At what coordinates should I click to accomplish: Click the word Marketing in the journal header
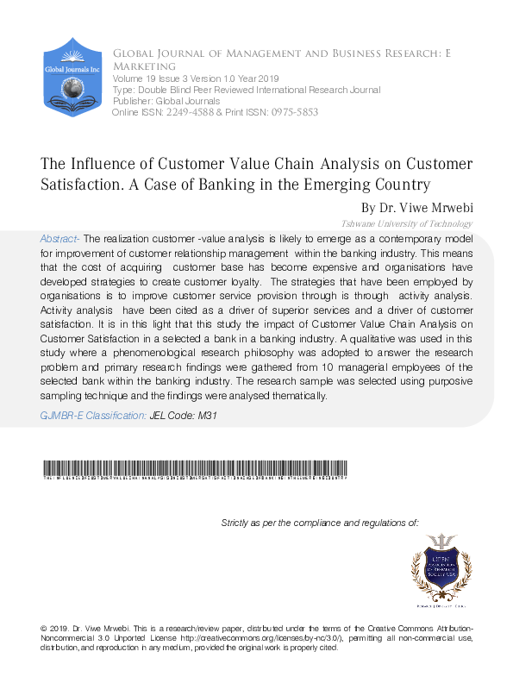(x=144, y=66)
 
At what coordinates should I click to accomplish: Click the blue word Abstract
(x=59, y=238)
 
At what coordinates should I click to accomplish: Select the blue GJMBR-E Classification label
(x=93, y=416)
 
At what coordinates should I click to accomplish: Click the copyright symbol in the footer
(x=43, y=626)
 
